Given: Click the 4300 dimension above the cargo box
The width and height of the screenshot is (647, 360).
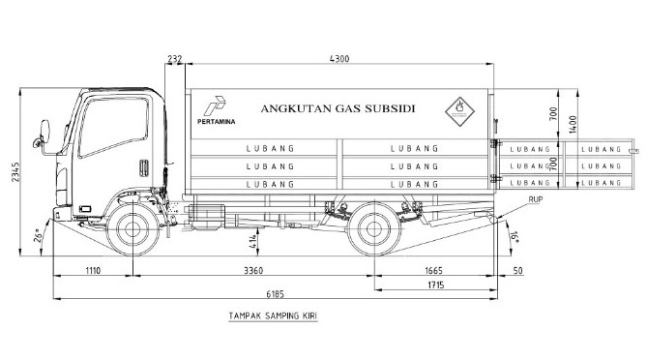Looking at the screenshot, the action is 339,59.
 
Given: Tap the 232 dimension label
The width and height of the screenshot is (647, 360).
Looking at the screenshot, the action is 174,59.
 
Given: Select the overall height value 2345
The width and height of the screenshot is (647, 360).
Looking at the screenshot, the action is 15,172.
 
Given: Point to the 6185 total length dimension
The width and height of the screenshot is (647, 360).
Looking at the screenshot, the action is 276,294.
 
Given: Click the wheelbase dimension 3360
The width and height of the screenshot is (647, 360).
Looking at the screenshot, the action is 253,271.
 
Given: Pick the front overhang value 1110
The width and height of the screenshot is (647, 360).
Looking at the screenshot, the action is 93,271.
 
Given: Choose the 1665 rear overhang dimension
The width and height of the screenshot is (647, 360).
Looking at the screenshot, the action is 433,271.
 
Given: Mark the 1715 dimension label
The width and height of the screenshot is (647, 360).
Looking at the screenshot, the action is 436,285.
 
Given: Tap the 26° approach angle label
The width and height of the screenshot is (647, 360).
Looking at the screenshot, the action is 38,236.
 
